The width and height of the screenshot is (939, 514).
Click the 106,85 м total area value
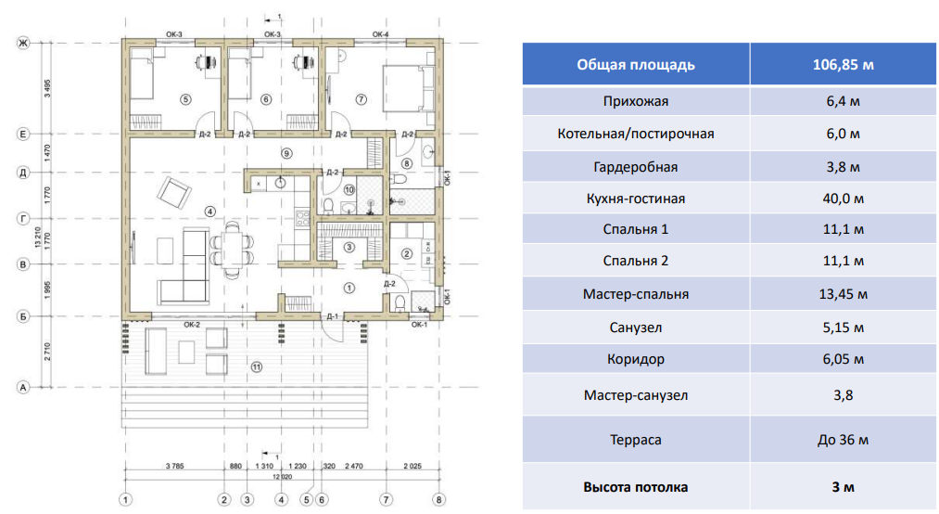coord(843,65)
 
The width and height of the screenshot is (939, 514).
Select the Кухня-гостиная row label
coord(635,199)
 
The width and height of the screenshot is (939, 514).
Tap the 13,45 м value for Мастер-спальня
coord(843,294)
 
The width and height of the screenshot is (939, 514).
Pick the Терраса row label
coord(635,440)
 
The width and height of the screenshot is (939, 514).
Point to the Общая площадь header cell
coord(635,65)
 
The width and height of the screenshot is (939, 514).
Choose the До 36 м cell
coord(843,440)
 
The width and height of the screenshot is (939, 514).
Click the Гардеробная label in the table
coord(635,167)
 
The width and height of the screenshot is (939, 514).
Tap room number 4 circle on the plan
coord(210,212)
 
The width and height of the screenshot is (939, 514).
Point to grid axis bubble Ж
coord(23,43)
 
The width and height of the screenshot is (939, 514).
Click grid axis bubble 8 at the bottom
coord(440,499)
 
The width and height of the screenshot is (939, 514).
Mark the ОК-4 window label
coord(380,34)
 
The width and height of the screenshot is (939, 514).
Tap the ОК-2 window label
coord(192,325)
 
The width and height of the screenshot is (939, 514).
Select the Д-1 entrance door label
coord(332,316)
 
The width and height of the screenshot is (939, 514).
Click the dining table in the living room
coord(233,251)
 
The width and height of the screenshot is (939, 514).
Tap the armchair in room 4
coord(173,193)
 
